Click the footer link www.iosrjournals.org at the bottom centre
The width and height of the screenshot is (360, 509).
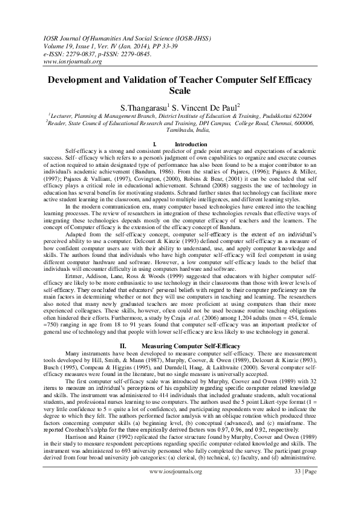coord(179,488)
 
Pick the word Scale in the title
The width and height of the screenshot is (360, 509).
coord(179,91)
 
